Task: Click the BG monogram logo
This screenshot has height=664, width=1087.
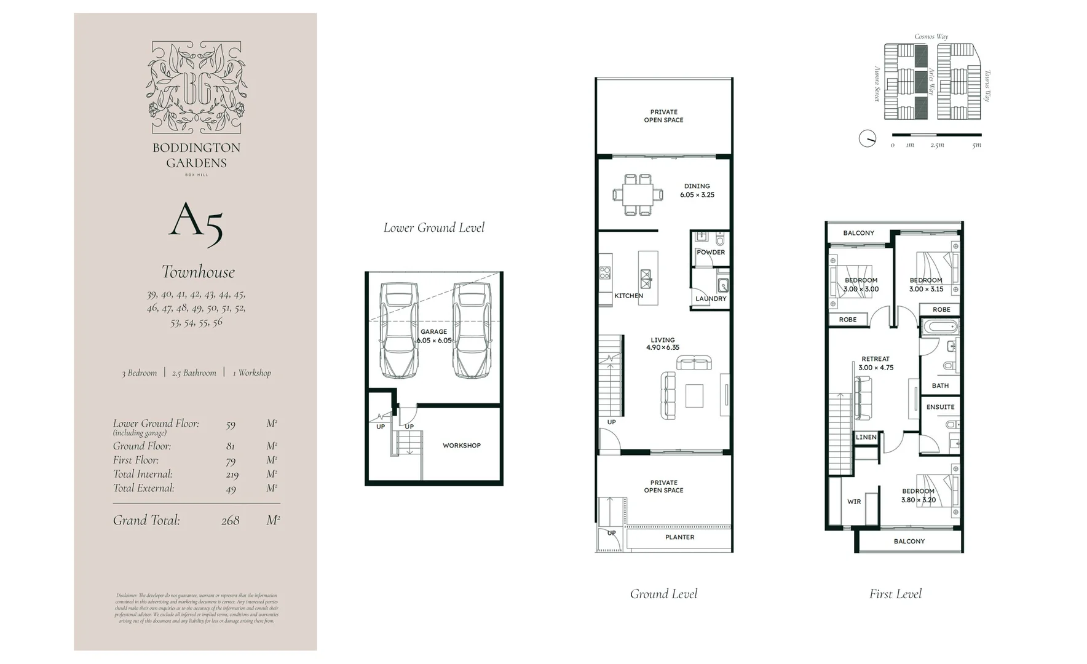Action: point(197,87)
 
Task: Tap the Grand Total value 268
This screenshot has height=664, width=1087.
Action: point(230,521)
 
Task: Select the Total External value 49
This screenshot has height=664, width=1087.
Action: point(231,489)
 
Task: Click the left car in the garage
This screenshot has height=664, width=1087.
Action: point(398,330)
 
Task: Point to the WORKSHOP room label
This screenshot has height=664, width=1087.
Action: point(461,445)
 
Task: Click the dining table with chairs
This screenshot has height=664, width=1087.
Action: point(638,195)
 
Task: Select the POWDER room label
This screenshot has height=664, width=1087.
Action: point(711,252)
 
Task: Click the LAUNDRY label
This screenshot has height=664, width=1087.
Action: point(711,299)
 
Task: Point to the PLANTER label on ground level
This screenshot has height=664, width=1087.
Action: point(679,537)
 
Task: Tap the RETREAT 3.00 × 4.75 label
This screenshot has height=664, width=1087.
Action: point(876,363)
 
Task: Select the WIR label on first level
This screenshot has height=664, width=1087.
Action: point(854,502)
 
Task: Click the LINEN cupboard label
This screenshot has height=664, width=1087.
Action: point(866,437)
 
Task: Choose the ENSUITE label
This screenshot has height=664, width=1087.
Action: point(940,407)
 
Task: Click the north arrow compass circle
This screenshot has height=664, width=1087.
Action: point(867,138)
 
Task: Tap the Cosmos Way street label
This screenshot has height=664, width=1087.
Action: point(931,36)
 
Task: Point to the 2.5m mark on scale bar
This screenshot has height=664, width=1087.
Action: point(936,145)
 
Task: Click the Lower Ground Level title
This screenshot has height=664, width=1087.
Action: point(433,228)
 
